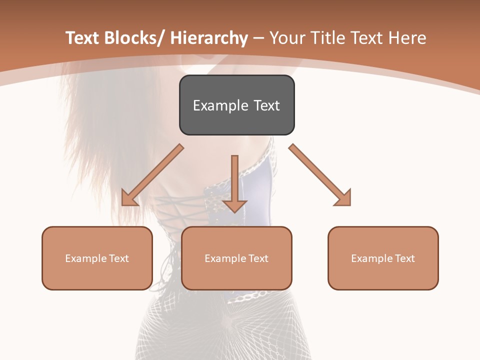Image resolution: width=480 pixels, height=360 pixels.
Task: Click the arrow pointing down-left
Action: coord(153,175)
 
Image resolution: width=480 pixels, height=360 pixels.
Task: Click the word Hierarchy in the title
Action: coord(209,38)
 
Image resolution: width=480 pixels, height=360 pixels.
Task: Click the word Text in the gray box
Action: coord(266,105)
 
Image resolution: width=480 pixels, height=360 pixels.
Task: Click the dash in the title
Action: coord(259,38)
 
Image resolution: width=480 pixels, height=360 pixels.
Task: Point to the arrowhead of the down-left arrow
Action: coord(128,198)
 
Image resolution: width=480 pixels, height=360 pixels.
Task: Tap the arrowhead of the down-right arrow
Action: coord(343,198)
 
